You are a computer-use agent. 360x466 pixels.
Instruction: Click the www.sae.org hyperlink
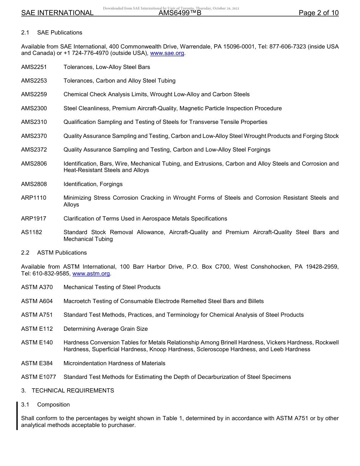(x=167, y=53)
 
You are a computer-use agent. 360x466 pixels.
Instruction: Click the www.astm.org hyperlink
(x=91, y=274)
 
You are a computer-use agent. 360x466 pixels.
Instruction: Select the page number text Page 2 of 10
(x=319, y=13)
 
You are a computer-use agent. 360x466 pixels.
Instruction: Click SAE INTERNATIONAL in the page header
(x=57, y=13)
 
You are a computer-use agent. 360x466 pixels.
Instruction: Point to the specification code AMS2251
(x=34, y=67)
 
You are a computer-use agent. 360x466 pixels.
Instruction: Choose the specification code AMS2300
(x=34, y=108)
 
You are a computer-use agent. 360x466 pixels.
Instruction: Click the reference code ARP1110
(x=34, y=198)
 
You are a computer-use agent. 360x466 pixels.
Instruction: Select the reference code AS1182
(x=32, y=232)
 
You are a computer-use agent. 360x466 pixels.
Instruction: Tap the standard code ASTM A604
(x=37, y=301)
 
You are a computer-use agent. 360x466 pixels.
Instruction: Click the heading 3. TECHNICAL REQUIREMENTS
(x=67, y=391)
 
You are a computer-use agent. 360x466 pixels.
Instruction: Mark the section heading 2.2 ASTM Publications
(x=54, y=253)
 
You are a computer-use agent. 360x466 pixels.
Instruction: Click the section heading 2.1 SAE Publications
(x=52, y=33)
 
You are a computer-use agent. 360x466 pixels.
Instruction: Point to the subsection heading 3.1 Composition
(x=45, y=405)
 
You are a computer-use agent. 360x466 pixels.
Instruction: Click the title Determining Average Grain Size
(x=106, y=329)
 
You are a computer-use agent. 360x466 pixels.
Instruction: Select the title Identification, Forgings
(x=93, y=184)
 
